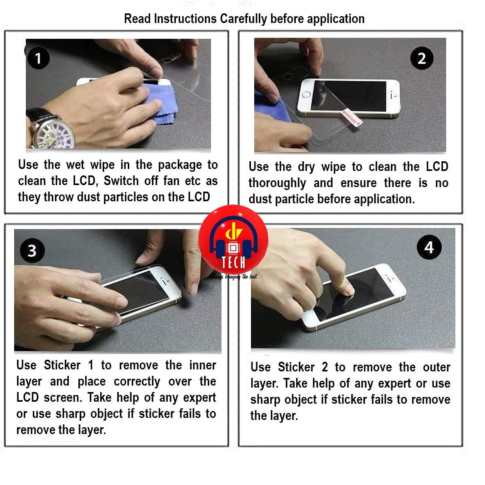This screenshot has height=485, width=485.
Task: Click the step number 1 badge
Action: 38,58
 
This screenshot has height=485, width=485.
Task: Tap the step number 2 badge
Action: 422,58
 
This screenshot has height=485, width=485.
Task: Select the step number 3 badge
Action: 32,251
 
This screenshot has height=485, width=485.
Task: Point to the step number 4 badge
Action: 429,247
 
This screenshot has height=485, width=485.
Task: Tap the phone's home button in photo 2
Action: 306,95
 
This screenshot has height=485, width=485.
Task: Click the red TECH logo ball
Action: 233,240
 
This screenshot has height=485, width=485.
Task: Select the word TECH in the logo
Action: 233,263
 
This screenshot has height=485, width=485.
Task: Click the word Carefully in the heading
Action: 243,19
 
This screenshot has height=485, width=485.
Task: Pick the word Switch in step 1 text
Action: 121,181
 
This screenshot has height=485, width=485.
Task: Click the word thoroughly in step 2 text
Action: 277,183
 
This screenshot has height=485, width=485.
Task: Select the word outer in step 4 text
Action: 436,367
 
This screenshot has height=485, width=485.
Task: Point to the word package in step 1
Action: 180,165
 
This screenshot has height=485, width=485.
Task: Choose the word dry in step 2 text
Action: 306,167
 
